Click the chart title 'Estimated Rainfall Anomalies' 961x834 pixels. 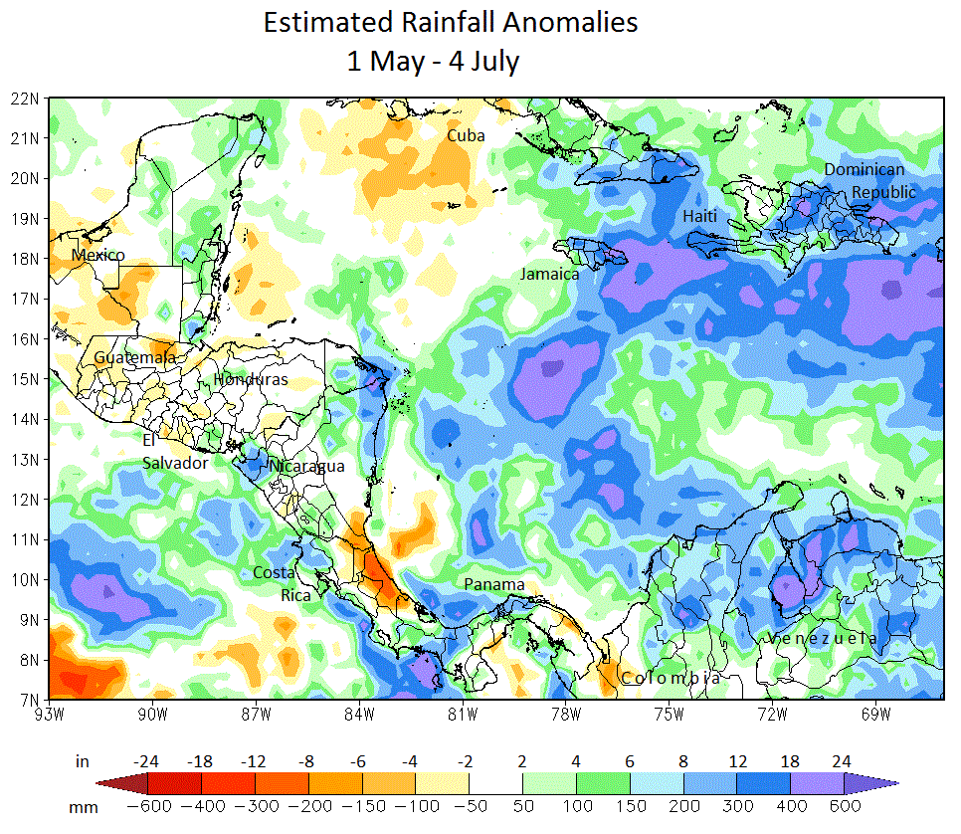click(450, 23)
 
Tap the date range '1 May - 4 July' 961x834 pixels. click(433, 61)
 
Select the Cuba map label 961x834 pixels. click(466, 135)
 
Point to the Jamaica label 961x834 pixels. click(549, 274)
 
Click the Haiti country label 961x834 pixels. click(699, 216)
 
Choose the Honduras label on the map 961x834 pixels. click(251, 380)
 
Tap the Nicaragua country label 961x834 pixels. click(307, 466)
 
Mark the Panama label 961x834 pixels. click(493, 584)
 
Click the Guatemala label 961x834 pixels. click(135, 357)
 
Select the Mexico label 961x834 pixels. click(98, 256)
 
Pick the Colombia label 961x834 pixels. click(671, 678)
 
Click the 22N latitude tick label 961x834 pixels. click(25, 99)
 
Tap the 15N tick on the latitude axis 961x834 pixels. click(25, 379)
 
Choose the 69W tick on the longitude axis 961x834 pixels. click(875, 713)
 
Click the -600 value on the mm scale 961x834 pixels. click(147, 805)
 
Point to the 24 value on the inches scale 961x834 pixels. click(841, 762)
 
